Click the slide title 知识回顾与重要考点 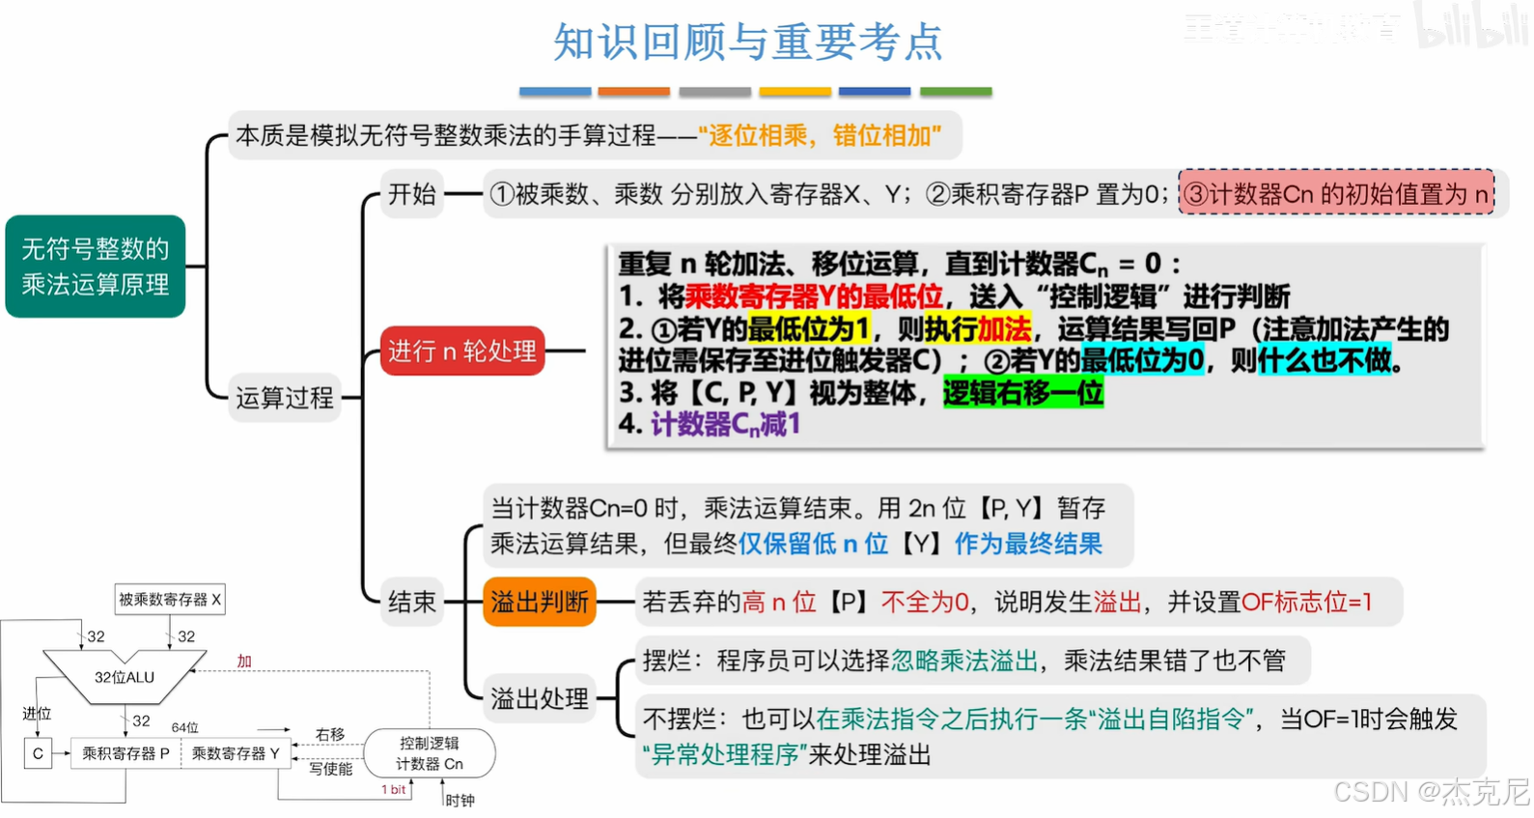(747, 42)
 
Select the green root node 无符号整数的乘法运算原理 (95, 267)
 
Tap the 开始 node (412, 194)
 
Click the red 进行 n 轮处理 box (461, 351)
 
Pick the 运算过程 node (285, 397)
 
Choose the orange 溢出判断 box (539, 602)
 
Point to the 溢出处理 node (539, 698)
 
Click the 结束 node (412, 602)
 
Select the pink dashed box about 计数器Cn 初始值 (1336, 194)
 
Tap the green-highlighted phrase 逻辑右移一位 (1022, 393)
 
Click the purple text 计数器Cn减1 (725, 424)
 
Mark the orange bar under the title (633, 92)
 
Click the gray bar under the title (714, 92)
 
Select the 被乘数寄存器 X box (170, 600)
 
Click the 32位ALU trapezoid (125, 677)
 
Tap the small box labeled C (38, 753)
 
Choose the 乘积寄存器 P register (126, 753)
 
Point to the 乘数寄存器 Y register (236, 753)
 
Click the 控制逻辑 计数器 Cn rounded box (430, 753)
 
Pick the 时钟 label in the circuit (460, 800)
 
